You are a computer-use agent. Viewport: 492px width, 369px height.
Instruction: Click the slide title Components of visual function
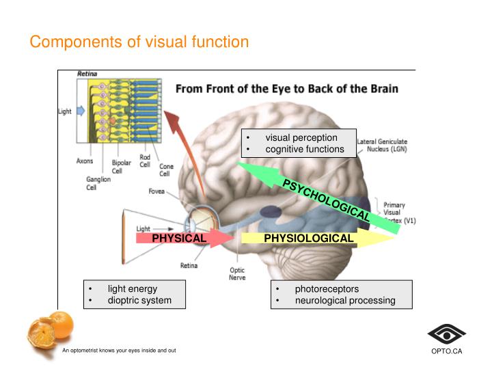139,42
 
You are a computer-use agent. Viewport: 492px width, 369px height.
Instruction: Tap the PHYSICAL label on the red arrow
178,238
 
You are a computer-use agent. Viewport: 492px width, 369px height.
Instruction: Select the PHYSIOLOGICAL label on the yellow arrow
309,238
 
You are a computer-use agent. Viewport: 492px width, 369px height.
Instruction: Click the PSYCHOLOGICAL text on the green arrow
327,199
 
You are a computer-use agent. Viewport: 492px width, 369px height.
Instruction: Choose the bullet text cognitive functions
305,149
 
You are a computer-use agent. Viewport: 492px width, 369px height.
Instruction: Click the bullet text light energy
132,288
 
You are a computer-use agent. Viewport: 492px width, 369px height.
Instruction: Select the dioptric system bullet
139,300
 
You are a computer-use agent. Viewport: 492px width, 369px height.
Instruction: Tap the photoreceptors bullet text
327,288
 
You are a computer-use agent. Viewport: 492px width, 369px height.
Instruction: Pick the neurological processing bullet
344,300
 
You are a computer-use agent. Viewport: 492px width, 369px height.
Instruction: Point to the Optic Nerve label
237,273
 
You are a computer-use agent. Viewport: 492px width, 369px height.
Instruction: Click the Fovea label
156,191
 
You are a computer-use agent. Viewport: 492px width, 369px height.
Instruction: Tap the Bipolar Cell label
122,167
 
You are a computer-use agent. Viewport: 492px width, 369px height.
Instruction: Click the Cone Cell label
166,169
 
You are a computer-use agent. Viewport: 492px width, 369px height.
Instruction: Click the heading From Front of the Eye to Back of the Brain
287,89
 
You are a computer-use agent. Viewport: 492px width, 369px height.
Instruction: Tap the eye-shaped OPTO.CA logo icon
446,334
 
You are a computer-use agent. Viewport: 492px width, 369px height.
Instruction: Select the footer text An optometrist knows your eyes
119,351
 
